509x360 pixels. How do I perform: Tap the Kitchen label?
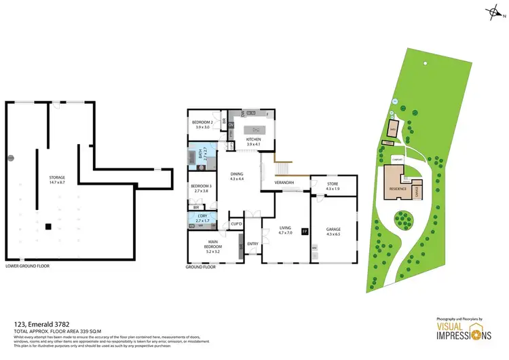point(253,142)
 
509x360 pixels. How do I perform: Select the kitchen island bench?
point(256,129)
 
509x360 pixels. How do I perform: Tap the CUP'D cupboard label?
point(237,223)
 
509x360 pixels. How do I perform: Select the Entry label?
point(252,244)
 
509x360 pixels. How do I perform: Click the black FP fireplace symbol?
point(305,232)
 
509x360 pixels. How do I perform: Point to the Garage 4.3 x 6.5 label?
point(333,232)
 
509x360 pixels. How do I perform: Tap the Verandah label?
point(284,183)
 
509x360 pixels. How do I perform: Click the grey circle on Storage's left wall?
point(10,158)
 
